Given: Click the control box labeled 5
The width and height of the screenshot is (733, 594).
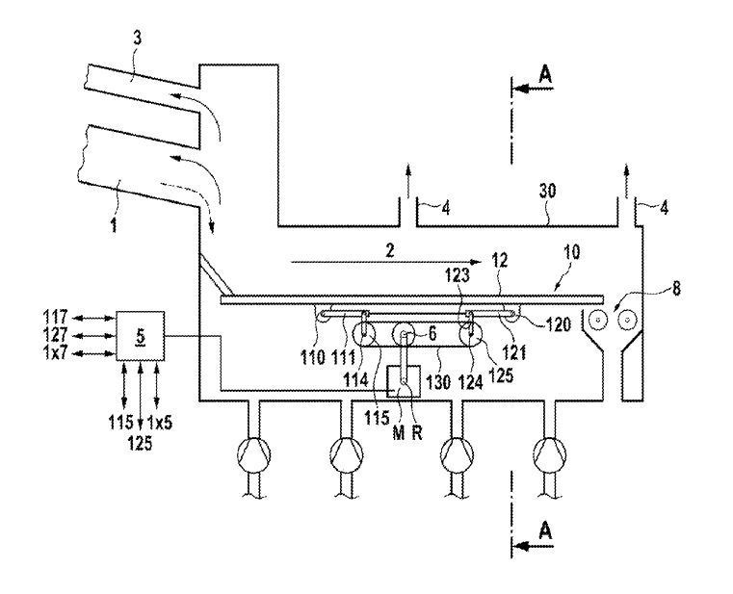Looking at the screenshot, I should tap(140, 335).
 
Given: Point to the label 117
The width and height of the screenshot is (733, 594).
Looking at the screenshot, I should tap(57, 315).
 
